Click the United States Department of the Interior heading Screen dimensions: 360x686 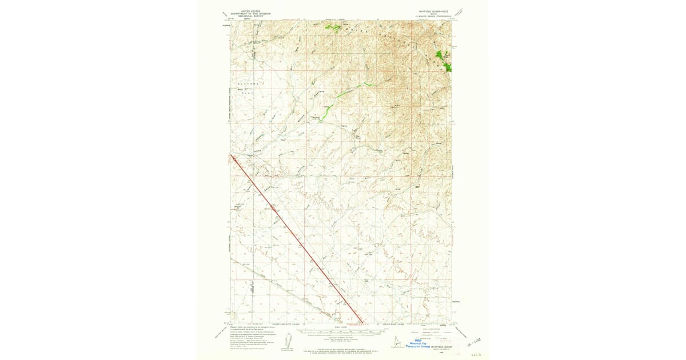pyautogui.click(x=249, y=13)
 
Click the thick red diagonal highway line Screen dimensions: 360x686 pyautogui.click(x=297, y=240)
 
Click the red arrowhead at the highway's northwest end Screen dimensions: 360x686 pyautogui.click(x=231, y=155)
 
